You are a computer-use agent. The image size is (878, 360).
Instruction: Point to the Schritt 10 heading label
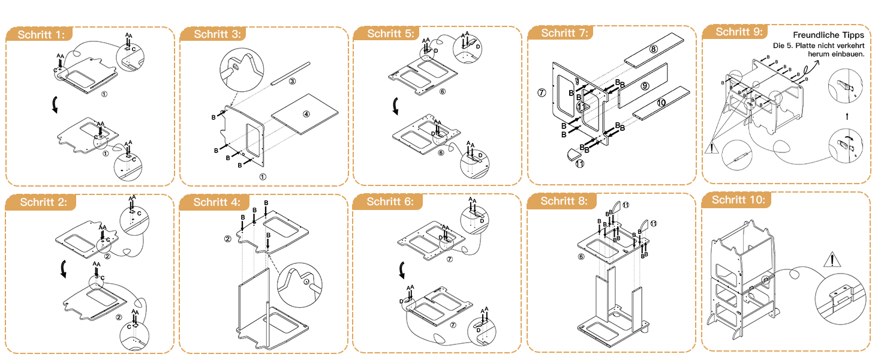pyautogui.click(x=738, y=200)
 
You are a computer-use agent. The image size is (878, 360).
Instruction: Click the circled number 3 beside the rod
pyautogui.click(x=291, y=81)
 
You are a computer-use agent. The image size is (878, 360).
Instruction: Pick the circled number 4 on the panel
pyautogui.click(x=306, y=114)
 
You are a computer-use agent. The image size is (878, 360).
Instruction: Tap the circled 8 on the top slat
pyautogui.click(x=653, y=49)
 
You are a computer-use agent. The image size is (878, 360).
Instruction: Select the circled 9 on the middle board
pyautogui.click(x=645, y=86)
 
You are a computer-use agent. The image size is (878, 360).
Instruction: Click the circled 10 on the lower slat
pyautogui.click(x=661, y=103)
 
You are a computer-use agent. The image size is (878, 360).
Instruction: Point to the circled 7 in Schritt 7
pyautogui.click(x=542, y=92)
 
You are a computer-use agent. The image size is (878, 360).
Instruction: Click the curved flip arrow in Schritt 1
pyautogui.click(x=55, y=106)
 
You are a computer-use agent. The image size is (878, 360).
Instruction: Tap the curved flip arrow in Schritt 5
pyautogui.click(x=396, y=106)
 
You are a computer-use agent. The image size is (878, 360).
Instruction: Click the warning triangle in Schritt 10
pyautogui.click(x=831, y=260)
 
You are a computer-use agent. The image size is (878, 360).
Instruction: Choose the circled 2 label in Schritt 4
pyautogui.click(x=228, y=239)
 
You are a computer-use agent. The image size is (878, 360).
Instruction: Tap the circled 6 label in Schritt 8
pyautogui.click(x=581, y=256)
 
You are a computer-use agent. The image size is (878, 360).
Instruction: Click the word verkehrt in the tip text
pyautogui.click(x=850, y=46)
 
